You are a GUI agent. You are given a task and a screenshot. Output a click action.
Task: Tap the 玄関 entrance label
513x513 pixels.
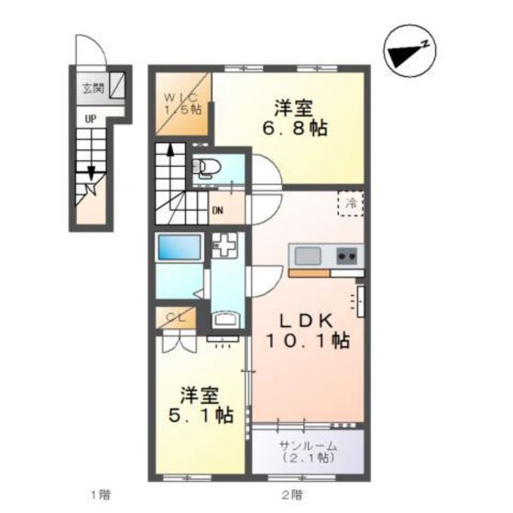point(93,89)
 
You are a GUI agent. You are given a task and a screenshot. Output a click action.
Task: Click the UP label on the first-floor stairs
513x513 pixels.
point(91,119)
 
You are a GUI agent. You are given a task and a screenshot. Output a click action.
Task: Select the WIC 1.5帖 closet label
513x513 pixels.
point(181,103)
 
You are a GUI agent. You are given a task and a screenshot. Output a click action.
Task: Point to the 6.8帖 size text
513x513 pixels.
point(294,127)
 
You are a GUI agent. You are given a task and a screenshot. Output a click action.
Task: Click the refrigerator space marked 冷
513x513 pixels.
point(350,204)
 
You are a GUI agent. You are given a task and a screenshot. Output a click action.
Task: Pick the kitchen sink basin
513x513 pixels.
point(306,255)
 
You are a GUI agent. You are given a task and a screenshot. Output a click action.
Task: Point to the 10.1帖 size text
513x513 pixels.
point(306,341)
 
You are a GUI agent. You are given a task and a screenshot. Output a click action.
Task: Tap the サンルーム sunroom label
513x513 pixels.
point(309,445)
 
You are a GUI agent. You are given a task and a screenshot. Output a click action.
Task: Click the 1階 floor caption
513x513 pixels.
point(102,496)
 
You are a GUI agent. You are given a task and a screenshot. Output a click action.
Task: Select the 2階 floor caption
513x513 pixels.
point(291,496)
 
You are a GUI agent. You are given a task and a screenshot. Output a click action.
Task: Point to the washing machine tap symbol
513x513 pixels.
point(224,246)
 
